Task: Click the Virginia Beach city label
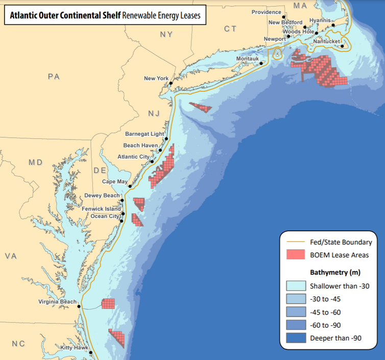point(57,302)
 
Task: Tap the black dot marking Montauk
point(261,64)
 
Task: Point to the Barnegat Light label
point(145,134)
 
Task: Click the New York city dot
point(172,82)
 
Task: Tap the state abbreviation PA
point(54,77)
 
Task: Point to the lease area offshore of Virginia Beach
point(108,304)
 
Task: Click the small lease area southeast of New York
point(202,108)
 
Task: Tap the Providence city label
point(267,12)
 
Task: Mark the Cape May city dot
point(130,186)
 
